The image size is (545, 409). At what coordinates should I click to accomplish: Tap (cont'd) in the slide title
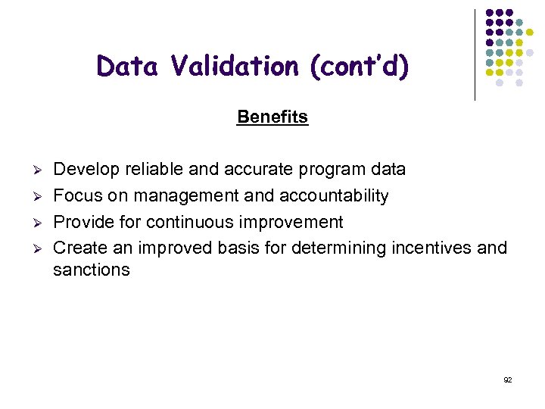(360, 67)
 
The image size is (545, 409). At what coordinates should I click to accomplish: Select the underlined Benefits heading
(272, 117)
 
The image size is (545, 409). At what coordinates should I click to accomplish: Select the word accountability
(334, 195)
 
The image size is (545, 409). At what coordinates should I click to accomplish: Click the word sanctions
(92, 270)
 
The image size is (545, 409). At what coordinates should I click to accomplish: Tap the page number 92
(507, 379)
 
